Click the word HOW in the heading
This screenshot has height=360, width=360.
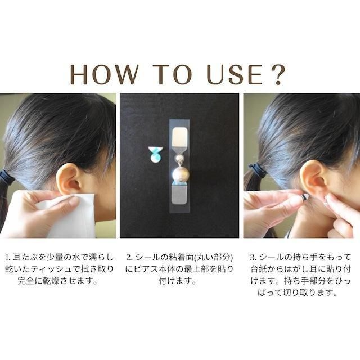(104, 74)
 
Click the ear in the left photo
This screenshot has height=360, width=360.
(67, 179)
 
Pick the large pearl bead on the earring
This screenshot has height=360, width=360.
(180, 173)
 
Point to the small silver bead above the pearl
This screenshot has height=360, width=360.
(179, 158)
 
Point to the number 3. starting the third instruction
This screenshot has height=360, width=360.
(253, 258)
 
